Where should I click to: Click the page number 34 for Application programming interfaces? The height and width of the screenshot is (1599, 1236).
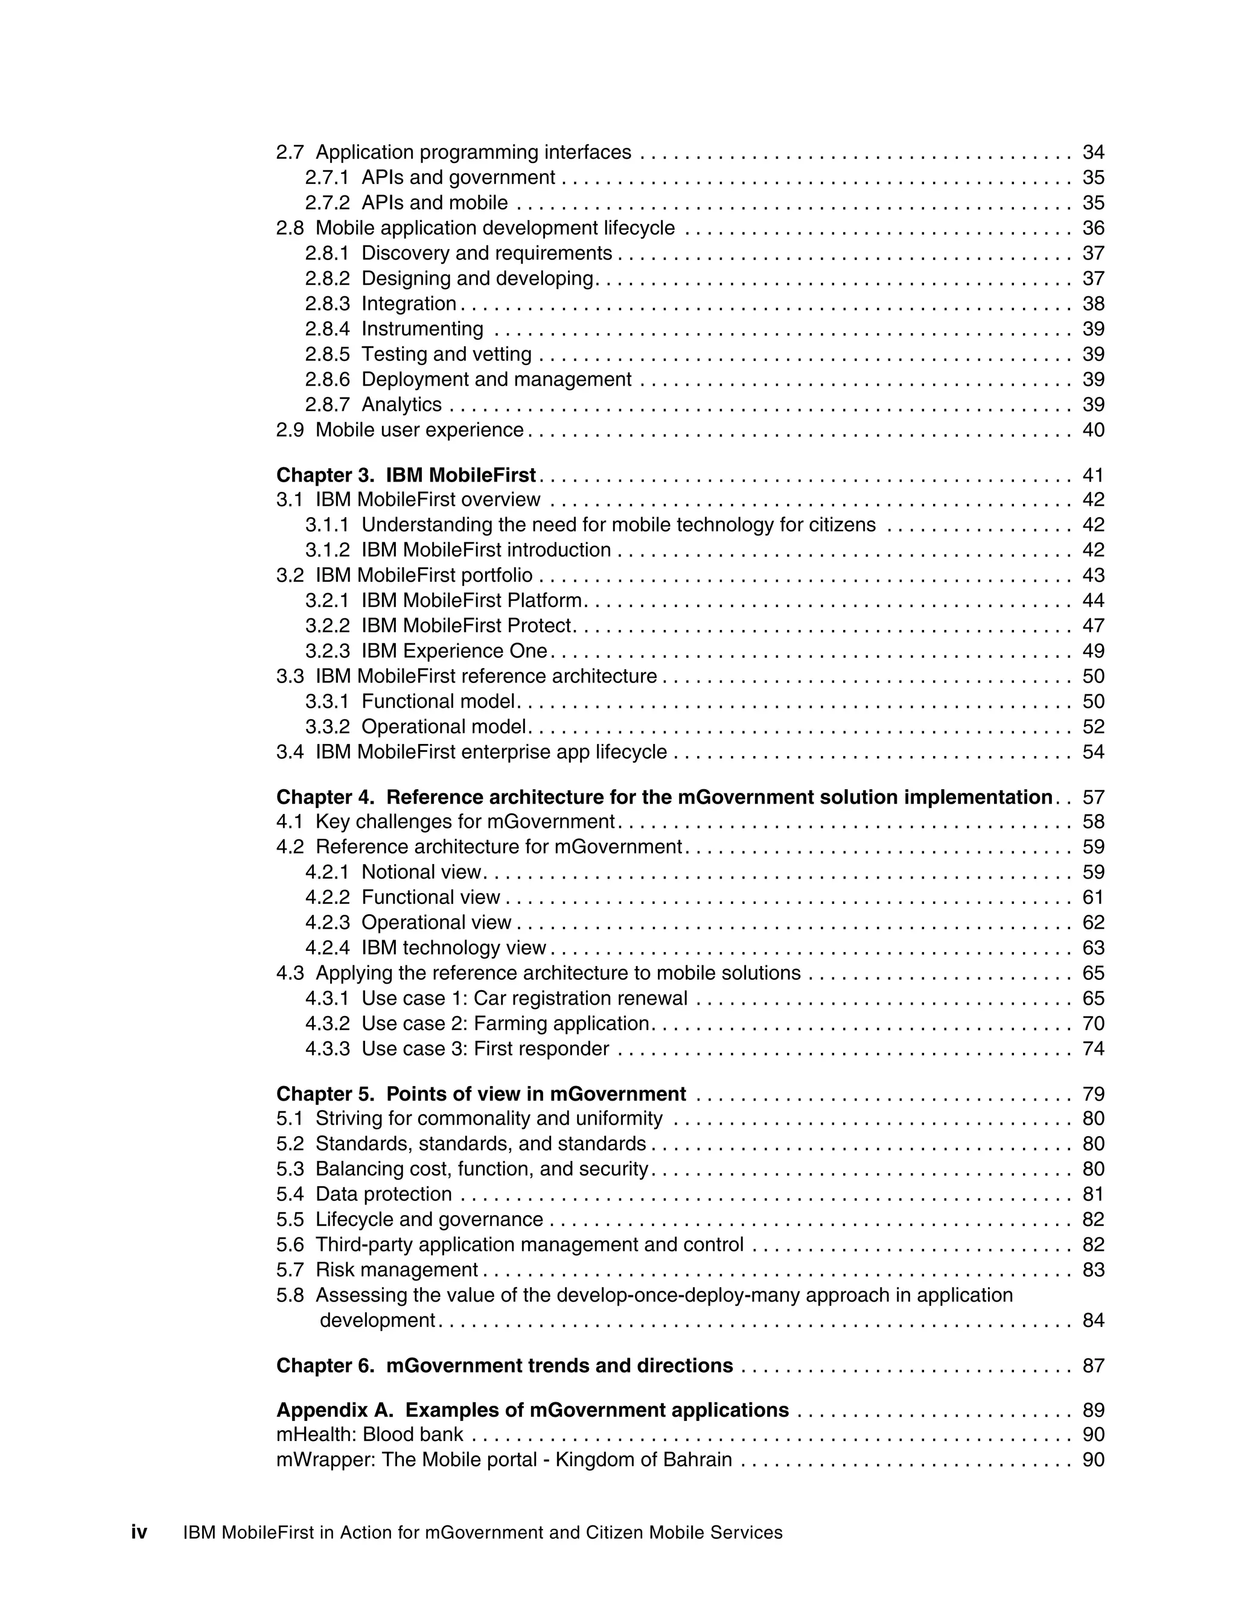pyautogui.click(x=1092, y=152)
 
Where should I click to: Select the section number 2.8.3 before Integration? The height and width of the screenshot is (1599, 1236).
pyautogui.click(x=327, y=304)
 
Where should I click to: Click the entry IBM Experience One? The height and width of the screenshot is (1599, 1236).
pyautogui.click(x=454, y=651)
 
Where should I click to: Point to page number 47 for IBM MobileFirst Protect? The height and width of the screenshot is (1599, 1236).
pyautogui.click(x=1092, y=626)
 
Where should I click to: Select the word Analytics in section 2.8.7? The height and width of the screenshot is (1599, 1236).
pyautogui.click(x=401, y=405)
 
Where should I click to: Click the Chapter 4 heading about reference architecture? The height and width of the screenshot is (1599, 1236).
pyautogui.click(x=663, y=797)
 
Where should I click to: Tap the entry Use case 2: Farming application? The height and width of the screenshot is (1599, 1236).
pyautogui.click(x=505, y=1023)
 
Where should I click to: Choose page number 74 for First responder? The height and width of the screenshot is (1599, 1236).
pyautogui.click(x=1092, y=1049)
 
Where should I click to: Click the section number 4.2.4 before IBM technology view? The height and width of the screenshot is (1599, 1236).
pyautogui.click(x=327, y=948)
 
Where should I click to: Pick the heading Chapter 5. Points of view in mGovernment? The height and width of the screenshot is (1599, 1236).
pyautogui.click(x=481, y=1094)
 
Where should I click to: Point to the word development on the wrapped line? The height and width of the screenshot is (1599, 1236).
pyautogui.click(x=377, y=1321)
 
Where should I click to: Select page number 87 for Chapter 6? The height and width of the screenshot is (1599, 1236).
pyautogui.click(x=1092, y=1366)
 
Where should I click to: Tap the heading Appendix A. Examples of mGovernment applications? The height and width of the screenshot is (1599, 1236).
pyautogui.click(x=532, y=1411)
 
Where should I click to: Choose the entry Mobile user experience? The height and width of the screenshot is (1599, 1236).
pyautogui.click(x=419, y=430)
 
